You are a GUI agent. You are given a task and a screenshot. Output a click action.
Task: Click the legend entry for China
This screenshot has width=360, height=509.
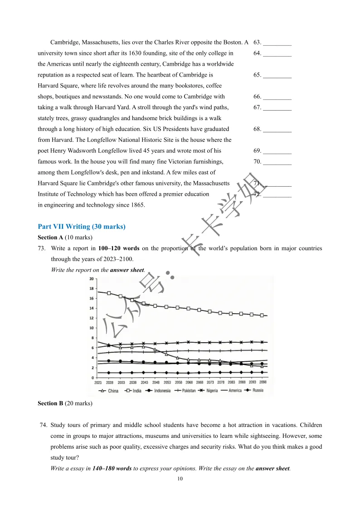110,391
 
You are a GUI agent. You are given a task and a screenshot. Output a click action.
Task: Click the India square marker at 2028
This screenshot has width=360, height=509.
109,293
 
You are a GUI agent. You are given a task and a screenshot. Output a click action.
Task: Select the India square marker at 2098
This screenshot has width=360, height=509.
262,315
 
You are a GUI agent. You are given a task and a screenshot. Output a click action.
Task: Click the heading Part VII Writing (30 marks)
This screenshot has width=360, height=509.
82,227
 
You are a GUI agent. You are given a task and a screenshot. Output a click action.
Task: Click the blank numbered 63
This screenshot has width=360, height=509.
277,43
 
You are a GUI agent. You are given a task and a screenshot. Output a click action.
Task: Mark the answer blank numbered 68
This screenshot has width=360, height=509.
277,130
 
